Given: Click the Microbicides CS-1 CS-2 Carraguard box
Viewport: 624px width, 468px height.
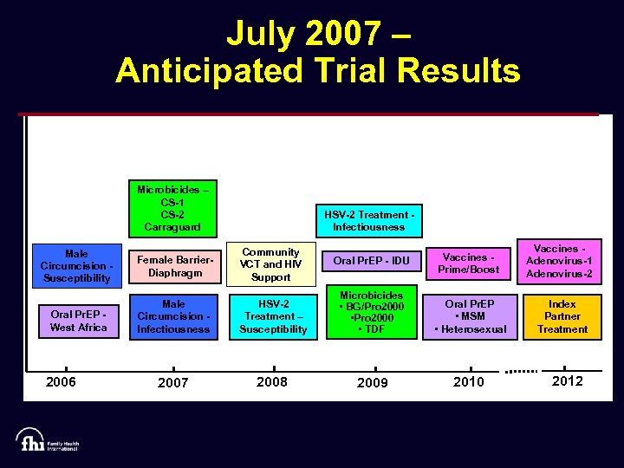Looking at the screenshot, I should click(x=173, y=208).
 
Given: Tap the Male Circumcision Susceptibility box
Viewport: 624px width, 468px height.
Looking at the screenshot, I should click(x=76, y=265).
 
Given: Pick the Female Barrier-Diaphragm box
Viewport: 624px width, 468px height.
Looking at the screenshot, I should click(x=173, y=265).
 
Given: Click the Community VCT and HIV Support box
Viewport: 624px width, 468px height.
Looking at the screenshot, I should click(x=270, y=264).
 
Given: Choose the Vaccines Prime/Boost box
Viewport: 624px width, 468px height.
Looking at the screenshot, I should click(x=469, y=263).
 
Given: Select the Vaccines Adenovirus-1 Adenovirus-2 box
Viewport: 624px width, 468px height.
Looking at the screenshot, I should click(x=560, y=261).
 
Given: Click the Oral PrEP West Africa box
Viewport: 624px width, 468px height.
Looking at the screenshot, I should click(x=79, y=321).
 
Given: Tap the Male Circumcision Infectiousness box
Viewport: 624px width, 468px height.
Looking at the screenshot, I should click(x=173, y=316).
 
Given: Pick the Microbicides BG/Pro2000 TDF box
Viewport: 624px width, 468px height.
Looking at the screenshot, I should click(x=371, y=313).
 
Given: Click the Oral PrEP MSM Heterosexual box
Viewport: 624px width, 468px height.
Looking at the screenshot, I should click(x=470, y=316).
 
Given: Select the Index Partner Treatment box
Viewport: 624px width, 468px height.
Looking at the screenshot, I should click(x=562, y=316).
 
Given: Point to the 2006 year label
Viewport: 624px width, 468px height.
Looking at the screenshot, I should click(x=61, y=382).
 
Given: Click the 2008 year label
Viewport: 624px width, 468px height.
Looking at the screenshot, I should click(x=272, y=382).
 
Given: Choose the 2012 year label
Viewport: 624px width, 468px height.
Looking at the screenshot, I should click(x=567, y=381).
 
